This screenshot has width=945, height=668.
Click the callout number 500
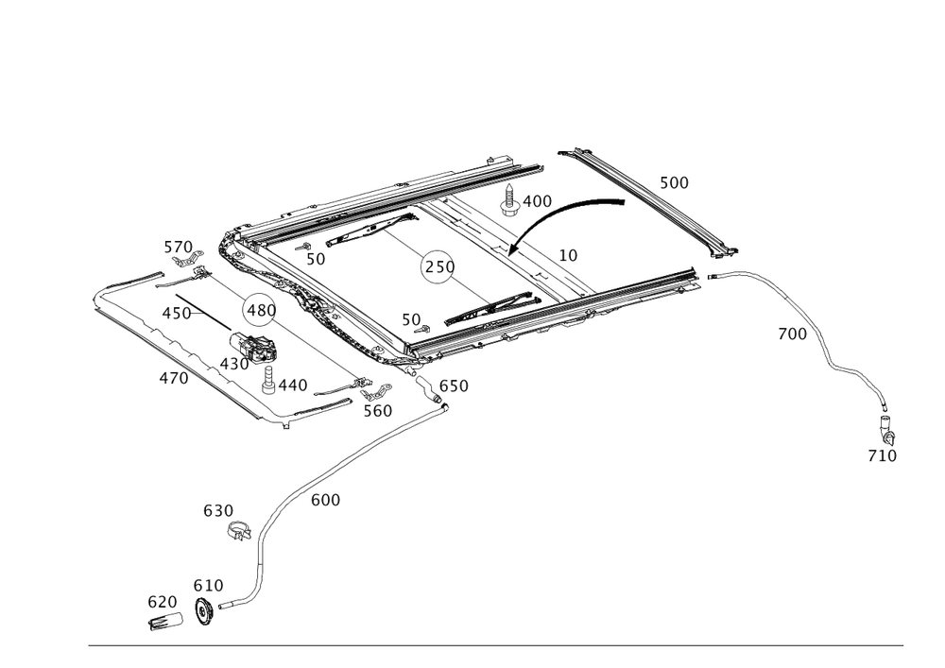[674, 181]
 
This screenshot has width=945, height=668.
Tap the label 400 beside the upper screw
[538, 201]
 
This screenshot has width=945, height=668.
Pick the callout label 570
[178, 248]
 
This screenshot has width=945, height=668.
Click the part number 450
[177, 312]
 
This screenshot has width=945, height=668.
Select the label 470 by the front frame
[173, 378]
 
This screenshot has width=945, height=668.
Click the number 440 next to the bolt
[292, 385]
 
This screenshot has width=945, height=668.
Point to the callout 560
[378, 410]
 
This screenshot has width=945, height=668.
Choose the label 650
[454, 385]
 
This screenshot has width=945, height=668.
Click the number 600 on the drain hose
[325, 498]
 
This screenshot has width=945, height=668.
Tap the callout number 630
[218, 510]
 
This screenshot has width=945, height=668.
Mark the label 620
[162, 601]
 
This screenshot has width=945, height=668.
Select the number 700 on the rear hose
[792, 334]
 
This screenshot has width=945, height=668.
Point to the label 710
[882, 456]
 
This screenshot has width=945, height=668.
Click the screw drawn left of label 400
[511, 202]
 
